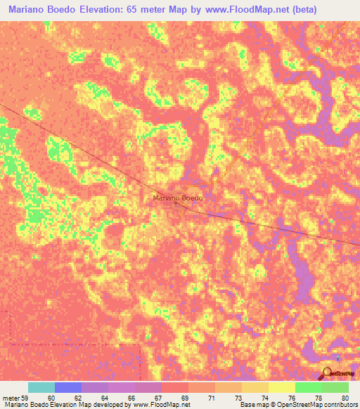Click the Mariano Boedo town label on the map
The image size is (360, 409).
178,198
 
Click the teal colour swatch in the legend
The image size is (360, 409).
41,387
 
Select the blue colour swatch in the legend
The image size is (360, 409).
68,387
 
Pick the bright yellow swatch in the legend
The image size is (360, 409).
281,387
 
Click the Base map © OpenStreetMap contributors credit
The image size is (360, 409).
297,405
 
